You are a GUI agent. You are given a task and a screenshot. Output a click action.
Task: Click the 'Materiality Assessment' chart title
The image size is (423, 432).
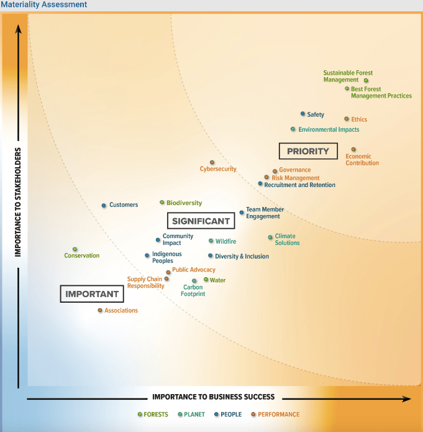[x=43, y=5]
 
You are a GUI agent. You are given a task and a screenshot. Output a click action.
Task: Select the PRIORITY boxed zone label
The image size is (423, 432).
[x=308, y=151]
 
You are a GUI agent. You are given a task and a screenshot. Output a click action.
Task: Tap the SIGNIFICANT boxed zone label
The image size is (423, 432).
[x=201, y=221]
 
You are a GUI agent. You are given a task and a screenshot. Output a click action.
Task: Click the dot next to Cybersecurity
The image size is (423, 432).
[x=212, y=162]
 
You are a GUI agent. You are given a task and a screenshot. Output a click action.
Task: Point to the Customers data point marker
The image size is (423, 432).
[x=104, y=205]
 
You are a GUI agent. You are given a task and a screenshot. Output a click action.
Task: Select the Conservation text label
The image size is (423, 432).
[x=82, y=255]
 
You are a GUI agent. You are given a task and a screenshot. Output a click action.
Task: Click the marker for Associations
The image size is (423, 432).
[x=100, y=310]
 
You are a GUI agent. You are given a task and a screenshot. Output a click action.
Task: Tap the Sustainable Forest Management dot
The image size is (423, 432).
[x=366, y=80]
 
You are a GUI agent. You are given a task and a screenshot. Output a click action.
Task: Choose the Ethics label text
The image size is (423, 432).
[x=359, y=119]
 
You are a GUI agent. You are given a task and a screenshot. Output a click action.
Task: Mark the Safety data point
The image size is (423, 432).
[x=302, y=114]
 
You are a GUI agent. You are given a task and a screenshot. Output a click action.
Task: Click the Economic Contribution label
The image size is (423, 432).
[x=362, y=160]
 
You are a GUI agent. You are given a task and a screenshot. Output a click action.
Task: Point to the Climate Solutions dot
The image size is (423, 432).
[x=270, y=237]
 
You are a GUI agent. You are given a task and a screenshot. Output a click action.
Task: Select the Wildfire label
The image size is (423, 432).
[x=225, y=241]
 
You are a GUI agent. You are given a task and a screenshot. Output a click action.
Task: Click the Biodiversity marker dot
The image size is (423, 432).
[x=161, y=202]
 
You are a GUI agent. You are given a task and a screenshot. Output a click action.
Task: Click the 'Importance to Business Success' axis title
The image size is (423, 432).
[x=213, y=397]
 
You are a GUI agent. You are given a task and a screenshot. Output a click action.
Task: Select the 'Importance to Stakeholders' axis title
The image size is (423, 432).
[x=19, y=202]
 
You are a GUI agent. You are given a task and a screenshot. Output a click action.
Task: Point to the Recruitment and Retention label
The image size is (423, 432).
[x=299, y=185]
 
